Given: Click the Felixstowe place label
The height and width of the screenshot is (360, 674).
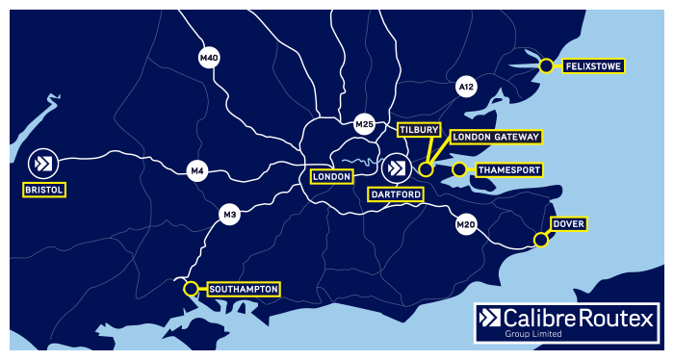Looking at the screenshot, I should pyautogui.click(x=591, y=66).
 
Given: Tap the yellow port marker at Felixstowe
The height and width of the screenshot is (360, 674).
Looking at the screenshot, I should pyautogui.click(x=546, y=65).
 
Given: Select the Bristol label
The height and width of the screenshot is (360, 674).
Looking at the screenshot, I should pyautogui.click(x=44, y=190).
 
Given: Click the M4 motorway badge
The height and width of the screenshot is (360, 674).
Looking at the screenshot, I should pyautogui.click(x=197, y=171).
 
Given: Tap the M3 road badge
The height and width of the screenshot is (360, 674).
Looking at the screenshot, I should pyautogui.click(x=229, y=214).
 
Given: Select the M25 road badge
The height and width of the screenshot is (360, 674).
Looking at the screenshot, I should pyautogui.click(x=364, y=123).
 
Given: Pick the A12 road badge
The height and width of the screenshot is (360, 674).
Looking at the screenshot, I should pyautogui.click(x=466, y=88).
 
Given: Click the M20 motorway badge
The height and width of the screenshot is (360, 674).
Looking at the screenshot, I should pyautogui.click(x=466, y=225).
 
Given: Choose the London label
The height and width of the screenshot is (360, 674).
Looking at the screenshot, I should pyautogui.click(x=331, y=177).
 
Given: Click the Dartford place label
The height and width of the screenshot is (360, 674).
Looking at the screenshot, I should pyautogui.click(x=395, y=194).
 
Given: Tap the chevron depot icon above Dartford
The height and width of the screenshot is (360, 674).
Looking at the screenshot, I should pyautogui.click(x=394, y=168).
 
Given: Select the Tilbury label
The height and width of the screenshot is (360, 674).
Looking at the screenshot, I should pyautogui.click(x=419, y=129).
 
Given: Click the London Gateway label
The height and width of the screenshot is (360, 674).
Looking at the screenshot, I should pyautogui.click(x=495, y=138).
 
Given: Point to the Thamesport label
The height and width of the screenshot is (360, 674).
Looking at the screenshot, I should pyautogui.click(x=508, y=170).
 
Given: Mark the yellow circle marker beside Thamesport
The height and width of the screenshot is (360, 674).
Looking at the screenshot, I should pyautogui.click(x=459, y=169).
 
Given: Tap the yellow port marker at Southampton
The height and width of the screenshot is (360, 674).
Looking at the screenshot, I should pyautogui.click(x=191, y=288).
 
